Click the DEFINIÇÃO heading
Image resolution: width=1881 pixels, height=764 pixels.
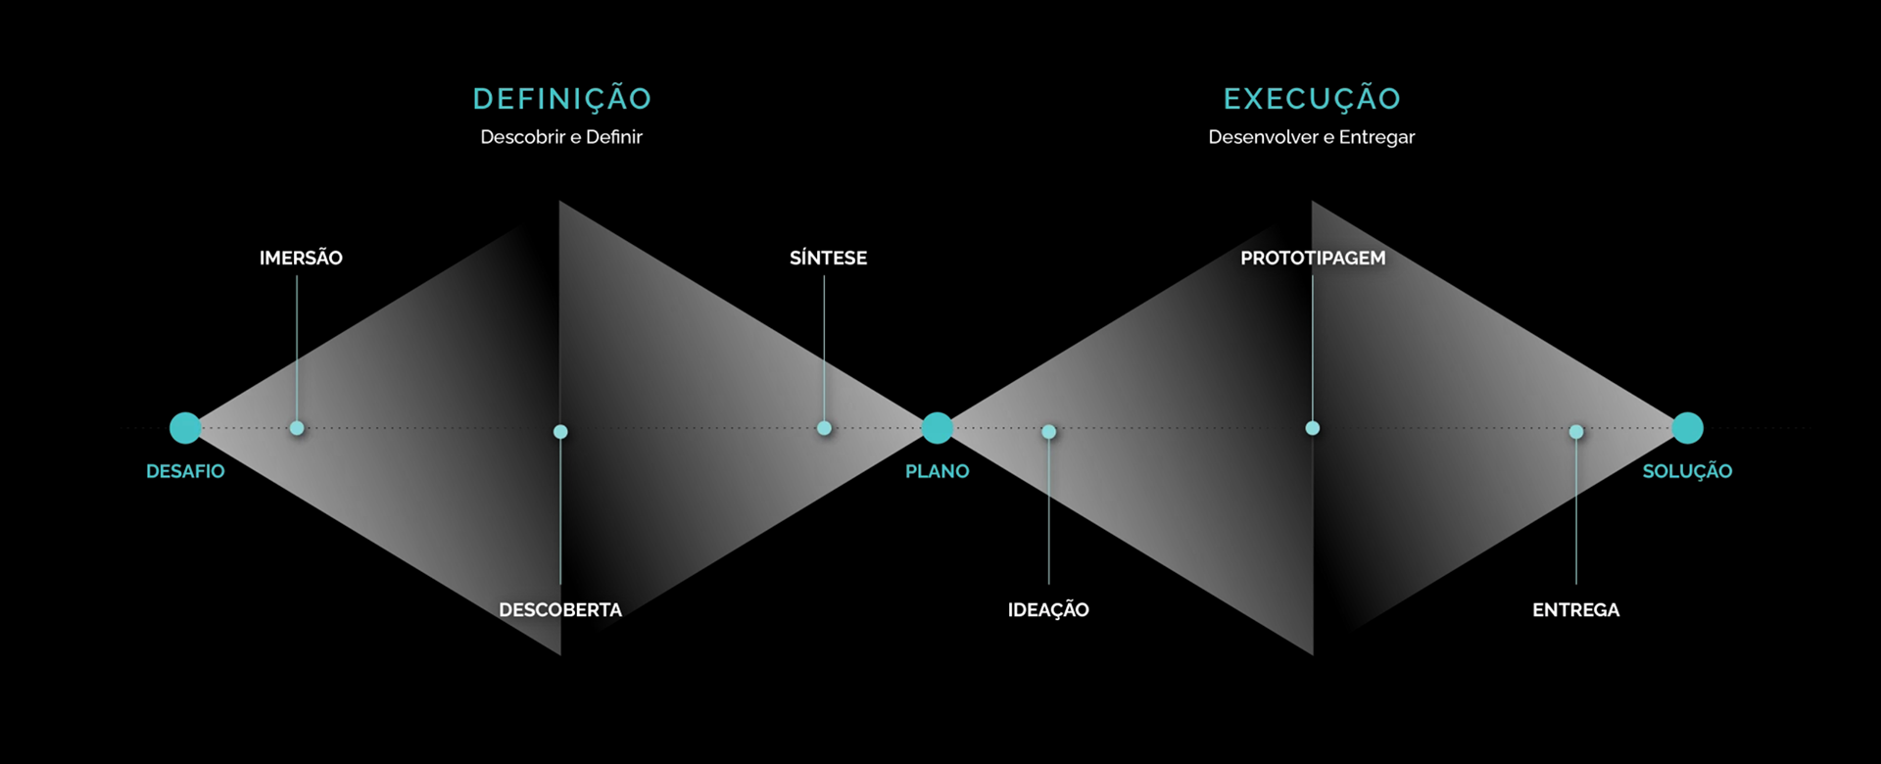[x=561, y=99]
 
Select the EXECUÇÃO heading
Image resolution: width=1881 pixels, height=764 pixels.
[x=1312, y=99]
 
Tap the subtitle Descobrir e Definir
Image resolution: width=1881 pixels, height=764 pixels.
[x=561, y=137]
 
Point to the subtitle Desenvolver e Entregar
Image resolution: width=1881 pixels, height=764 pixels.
[x=1311, y=137]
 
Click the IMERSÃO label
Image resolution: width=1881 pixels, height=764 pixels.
[x=301, y=258]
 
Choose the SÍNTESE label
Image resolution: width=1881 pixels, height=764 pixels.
[x=828, y=258]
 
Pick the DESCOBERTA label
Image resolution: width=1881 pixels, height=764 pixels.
[x=560, y=609]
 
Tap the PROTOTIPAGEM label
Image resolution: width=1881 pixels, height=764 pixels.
[x=1313, y=258]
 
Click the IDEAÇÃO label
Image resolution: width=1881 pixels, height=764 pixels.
[x=1048, y=609]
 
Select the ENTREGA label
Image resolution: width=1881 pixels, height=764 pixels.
[x=1575, y=609]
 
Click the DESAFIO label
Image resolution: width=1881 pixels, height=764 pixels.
[x=185, y=471]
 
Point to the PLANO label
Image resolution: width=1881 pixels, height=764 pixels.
[x=937, y=471]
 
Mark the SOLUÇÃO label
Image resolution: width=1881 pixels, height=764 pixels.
[x=1687, y=471]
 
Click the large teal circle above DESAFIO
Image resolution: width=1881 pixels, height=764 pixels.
[x=185, y=428]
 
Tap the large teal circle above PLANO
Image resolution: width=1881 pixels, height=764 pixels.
[x=938, y=428]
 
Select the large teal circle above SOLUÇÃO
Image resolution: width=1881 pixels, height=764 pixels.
[x=1687, y=428]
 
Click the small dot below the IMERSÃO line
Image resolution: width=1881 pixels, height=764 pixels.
[x=297, y=428]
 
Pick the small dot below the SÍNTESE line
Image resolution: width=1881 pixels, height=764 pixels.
[x=824, y=428]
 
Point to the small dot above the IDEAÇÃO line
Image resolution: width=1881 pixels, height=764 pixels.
[x=1048, y=432]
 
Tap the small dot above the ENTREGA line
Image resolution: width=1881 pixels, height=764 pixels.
[x=1575, y=432]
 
